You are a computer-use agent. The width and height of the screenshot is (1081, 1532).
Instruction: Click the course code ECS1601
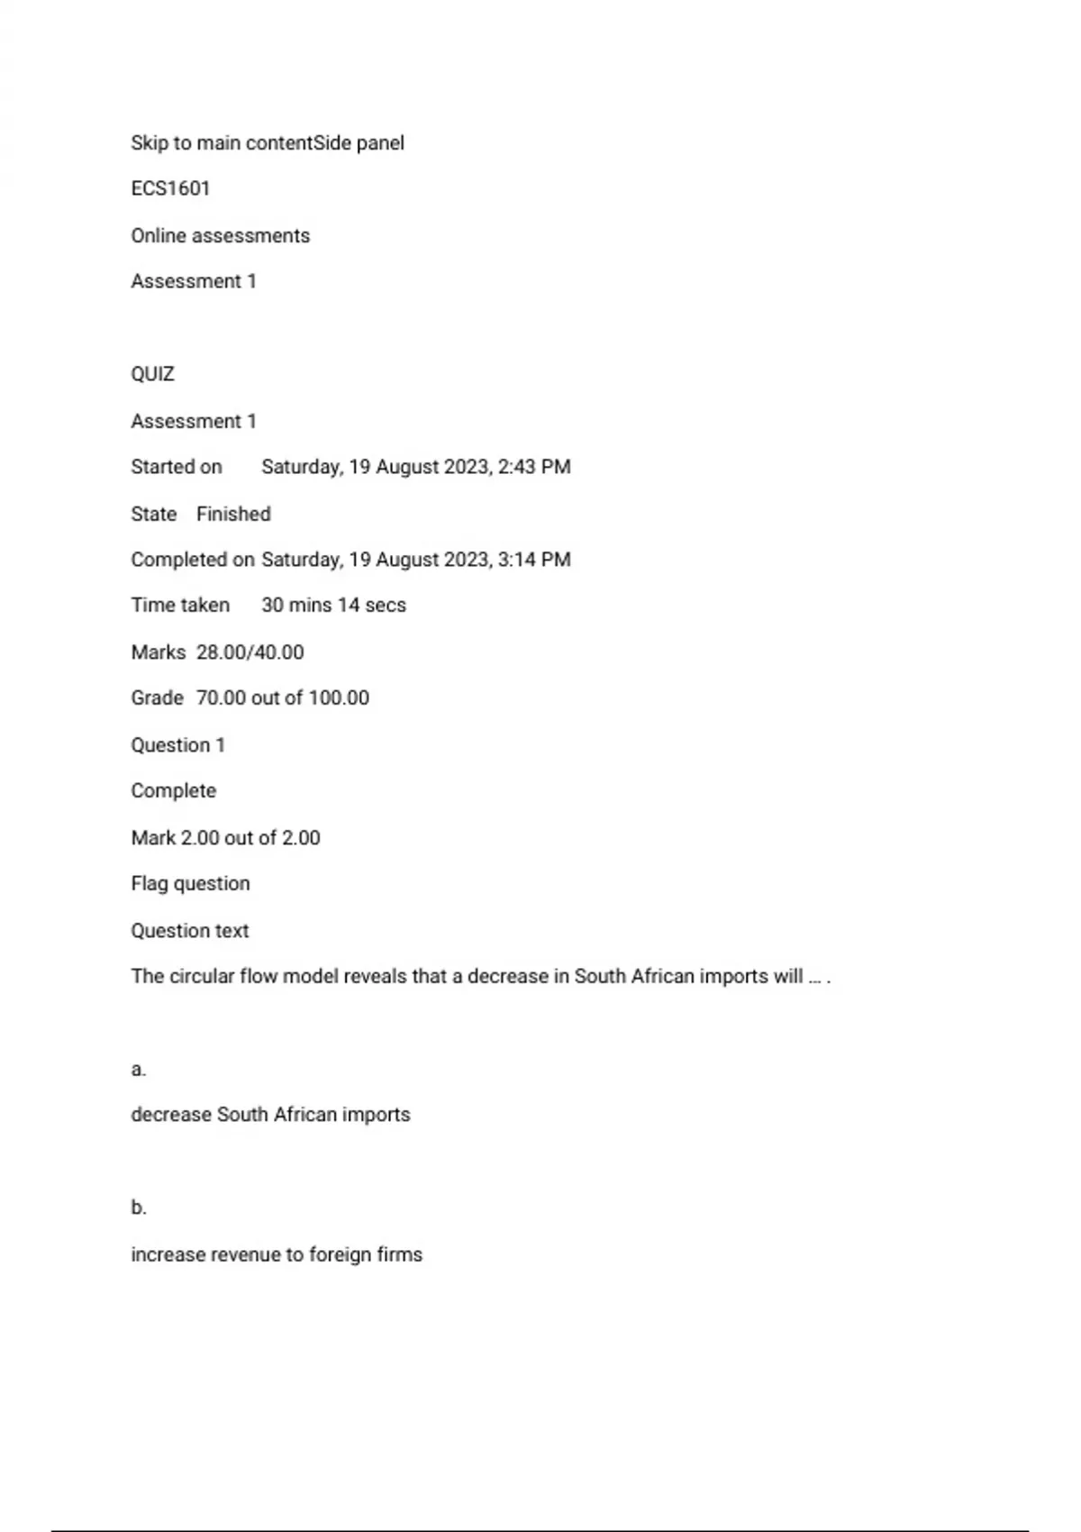(170, 189)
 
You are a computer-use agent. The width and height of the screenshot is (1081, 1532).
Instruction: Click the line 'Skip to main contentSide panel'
(268, 143)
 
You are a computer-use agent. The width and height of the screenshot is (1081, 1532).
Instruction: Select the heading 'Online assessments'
(221, 236)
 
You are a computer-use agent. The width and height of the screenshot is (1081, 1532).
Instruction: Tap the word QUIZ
(152, 375)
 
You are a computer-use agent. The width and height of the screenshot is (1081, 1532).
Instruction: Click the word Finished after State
(233, 515)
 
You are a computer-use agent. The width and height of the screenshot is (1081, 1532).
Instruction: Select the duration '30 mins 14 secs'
(333, 606)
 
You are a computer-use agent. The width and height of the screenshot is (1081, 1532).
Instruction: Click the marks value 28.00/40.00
(250, 652)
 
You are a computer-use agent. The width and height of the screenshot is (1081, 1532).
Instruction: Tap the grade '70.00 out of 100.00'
(282, 698)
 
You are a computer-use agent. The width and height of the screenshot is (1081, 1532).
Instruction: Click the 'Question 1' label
(177, 745)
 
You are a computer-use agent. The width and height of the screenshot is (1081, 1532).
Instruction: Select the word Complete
(173, 791)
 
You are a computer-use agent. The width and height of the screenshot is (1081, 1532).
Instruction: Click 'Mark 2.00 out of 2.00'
(225, 838)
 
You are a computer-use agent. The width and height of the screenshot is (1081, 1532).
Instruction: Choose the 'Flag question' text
(190, 884)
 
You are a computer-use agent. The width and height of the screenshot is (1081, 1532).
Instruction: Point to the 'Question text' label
(189, 931)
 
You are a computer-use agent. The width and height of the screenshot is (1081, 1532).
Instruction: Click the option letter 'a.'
(138, 1070)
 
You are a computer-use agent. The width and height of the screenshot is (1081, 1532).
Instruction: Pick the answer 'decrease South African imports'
(270, 1115)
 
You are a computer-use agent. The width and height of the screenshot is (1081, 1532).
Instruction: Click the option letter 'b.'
(138, 1208)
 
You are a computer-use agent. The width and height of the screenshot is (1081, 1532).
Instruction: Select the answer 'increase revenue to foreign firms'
(277, 1254)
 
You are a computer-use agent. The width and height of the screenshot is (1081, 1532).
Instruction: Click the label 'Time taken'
(180, 606)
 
